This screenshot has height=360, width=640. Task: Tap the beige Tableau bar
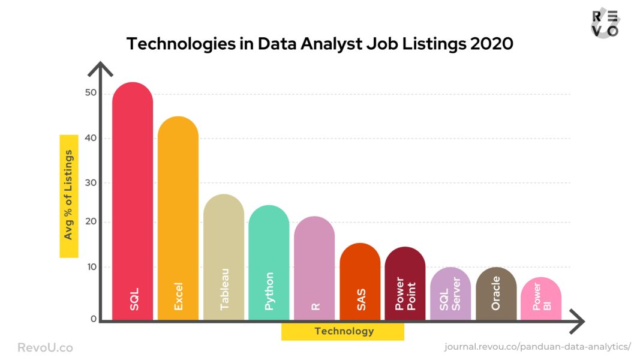tap(224, 257)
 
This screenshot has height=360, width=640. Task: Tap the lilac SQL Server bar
tap(450, 293)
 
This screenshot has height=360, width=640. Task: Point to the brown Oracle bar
tap(496, 293)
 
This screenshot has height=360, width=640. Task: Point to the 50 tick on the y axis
tap(91, 93)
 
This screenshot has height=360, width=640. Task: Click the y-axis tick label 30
tap(91, 183)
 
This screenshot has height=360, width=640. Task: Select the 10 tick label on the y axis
tap(91, 267)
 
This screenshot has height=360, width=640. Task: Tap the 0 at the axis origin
tap(94, 319)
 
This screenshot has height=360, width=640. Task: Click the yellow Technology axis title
tap(343, 331)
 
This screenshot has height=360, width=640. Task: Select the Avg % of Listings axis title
tap(69, 196)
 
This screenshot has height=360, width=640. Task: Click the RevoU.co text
tap(46, 347)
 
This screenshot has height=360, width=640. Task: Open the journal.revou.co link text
tap(537, 347)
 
